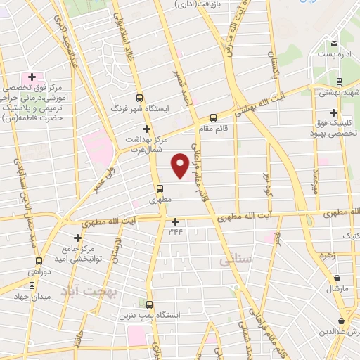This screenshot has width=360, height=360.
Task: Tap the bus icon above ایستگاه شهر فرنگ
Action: coord(139,98)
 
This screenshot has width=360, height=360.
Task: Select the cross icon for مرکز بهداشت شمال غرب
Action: coord(146,129)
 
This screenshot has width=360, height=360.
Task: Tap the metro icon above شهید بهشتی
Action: coord(339,82)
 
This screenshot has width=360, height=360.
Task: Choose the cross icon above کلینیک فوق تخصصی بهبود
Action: coord(333,112)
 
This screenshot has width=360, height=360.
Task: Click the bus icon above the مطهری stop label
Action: coord(160,188)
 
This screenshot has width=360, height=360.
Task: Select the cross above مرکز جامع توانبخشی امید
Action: coord(78,238)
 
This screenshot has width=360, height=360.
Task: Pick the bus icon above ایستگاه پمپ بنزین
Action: coord(148,304)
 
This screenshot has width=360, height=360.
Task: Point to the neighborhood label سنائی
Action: coord(235,259)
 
